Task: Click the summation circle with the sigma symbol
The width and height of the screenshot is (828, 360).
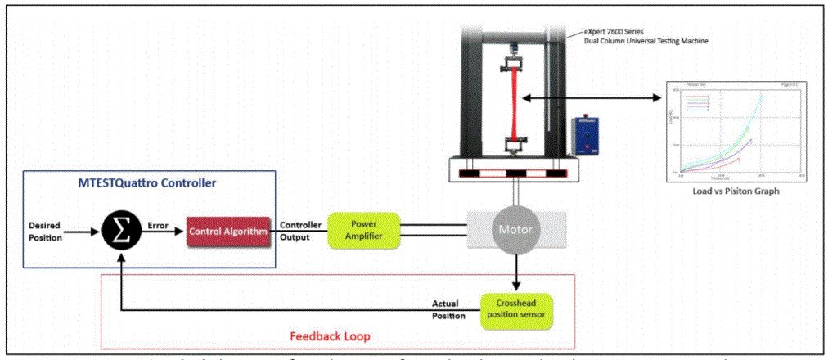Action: (119, 231)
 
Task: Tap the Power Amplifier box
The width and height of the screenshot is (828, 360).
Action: (363, 231)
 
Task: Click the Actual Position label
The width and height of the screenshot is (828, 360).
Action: (449, 309)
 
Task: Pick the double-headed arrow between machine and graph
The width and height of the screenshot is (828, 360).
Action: (592, 98)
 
